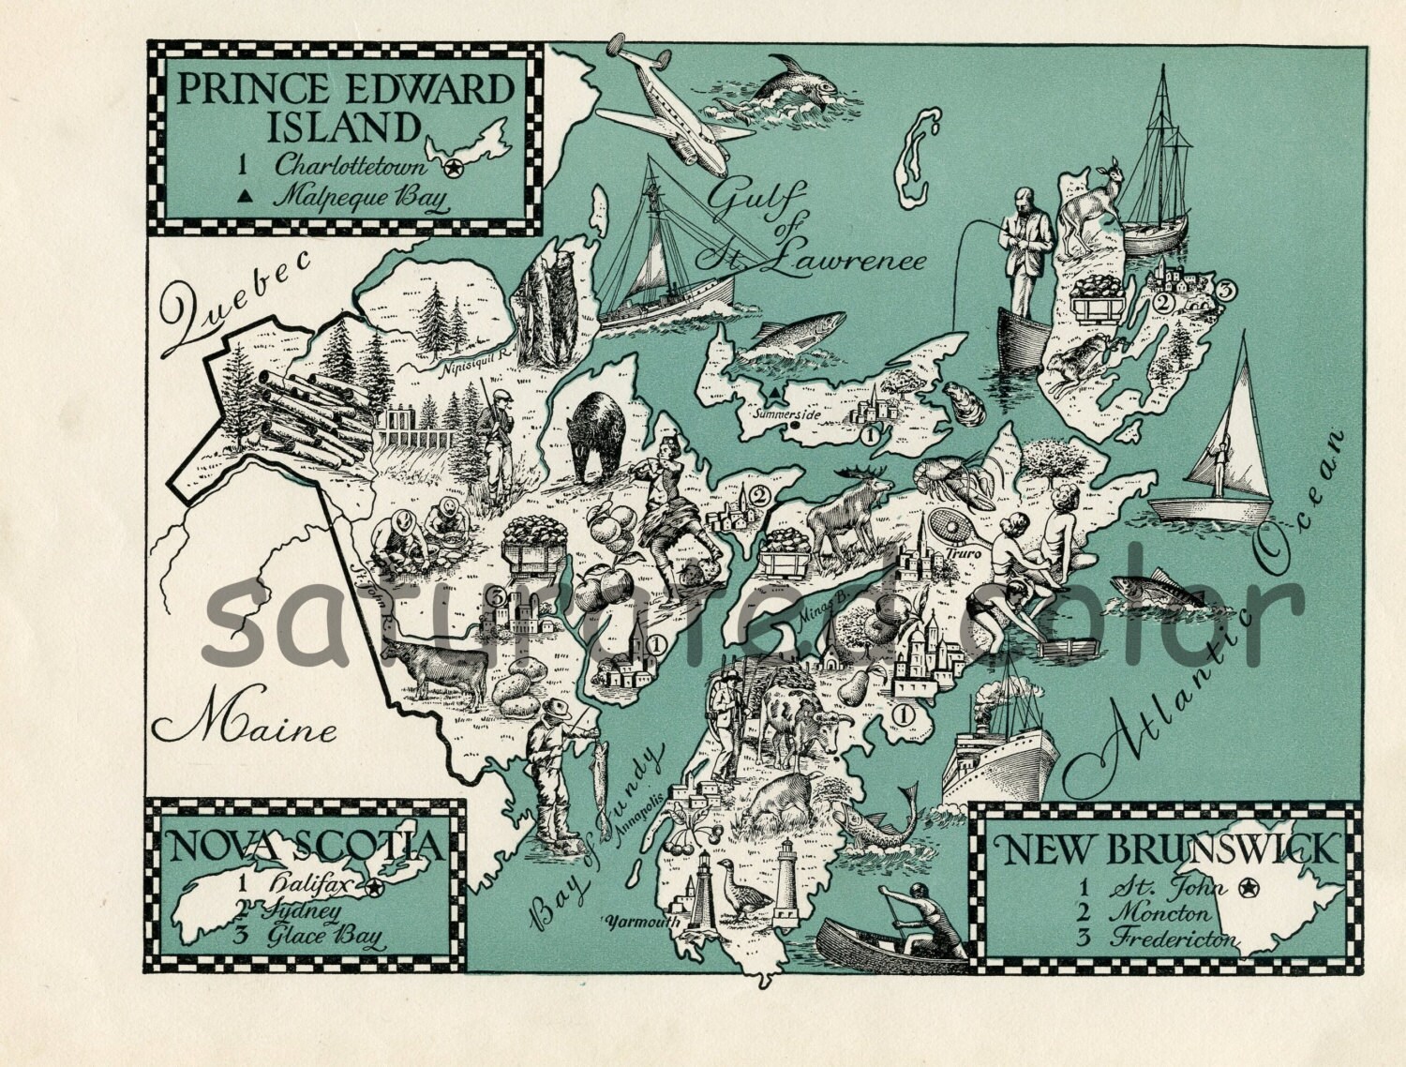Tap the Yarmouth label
click(x=642, y=921)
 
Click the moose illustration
click(x=846, y=512)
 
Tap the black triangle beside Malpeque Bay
click(x=245, y=196)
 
